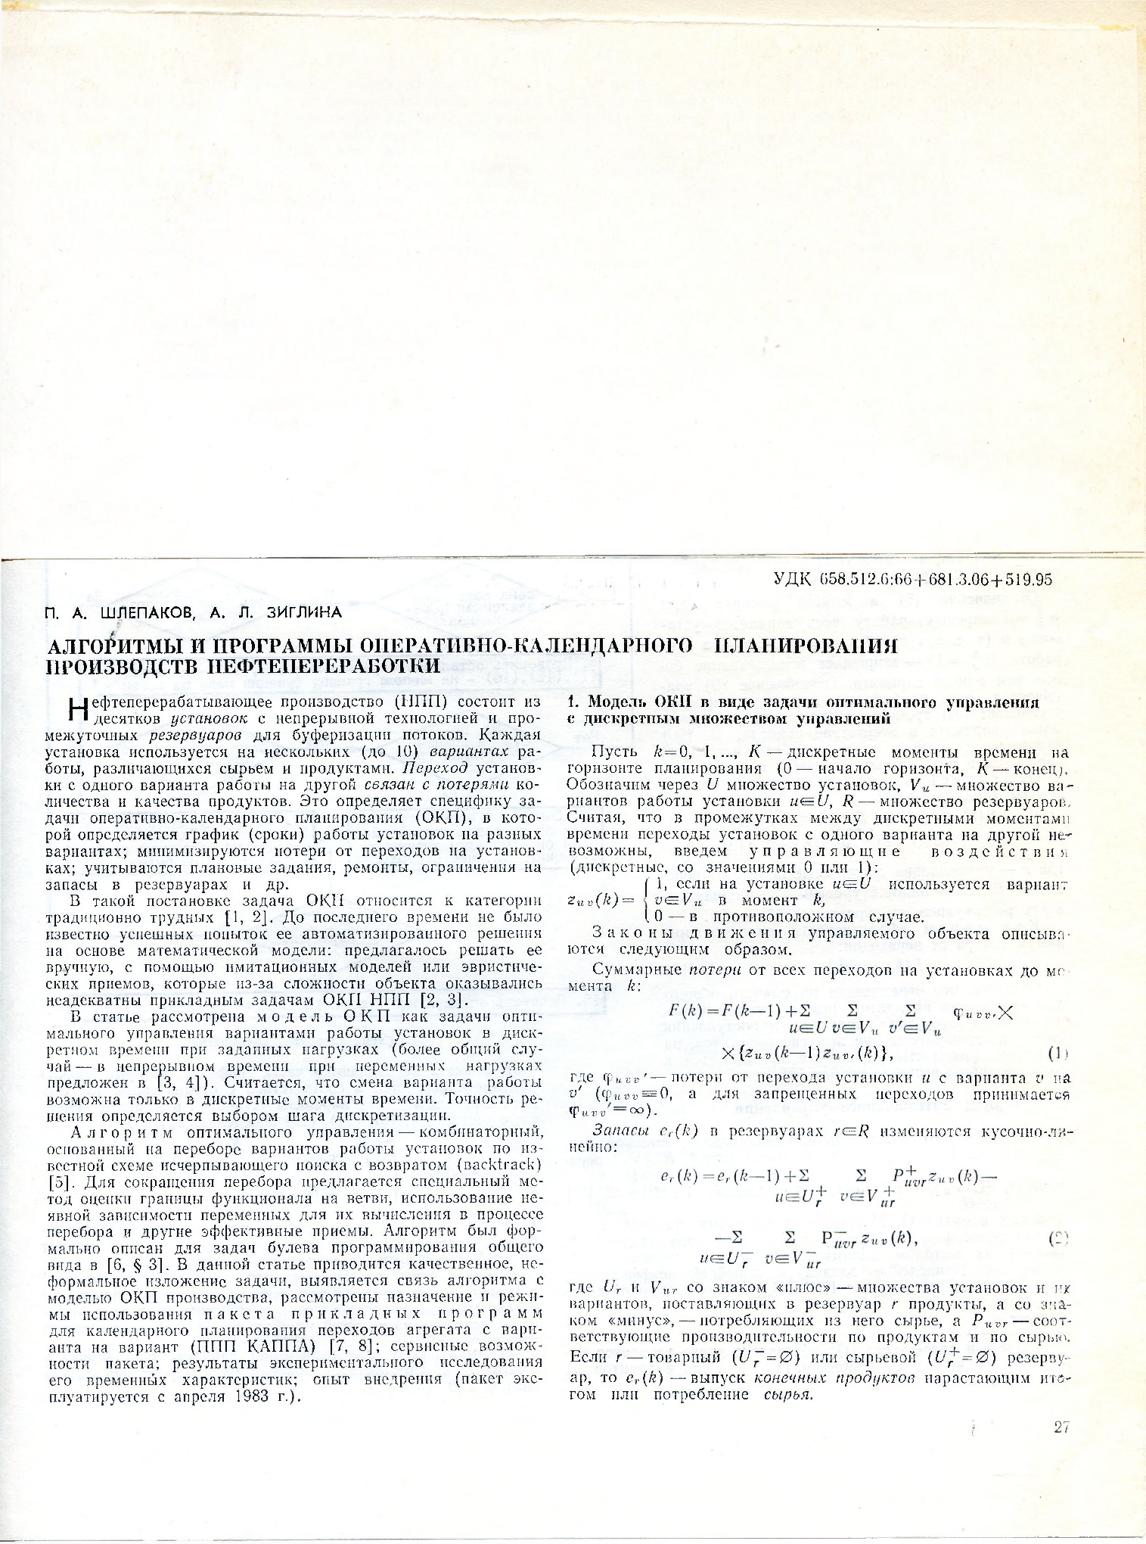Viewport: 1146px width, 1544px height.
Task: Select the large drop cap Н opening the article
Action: point(76,709)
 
